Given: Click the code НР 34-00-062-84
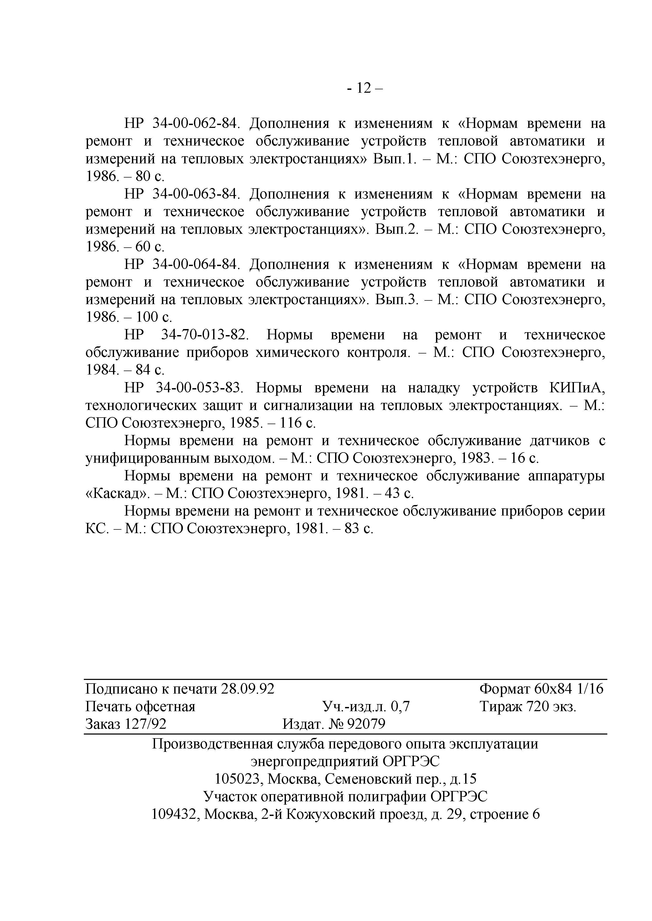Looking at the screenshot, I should (182, 123).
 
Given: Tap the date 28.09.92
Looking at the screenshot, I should (248, 689).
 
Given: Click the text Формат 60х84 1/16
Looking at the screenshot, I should (541, 689).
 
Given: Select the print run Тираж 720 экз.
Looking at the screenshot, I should (527, 706).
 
